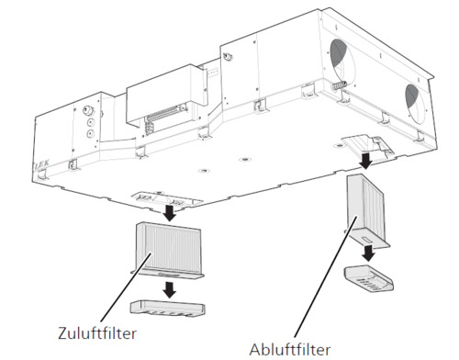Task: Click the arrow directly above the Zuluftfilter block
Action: click(x=169, y=212)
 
